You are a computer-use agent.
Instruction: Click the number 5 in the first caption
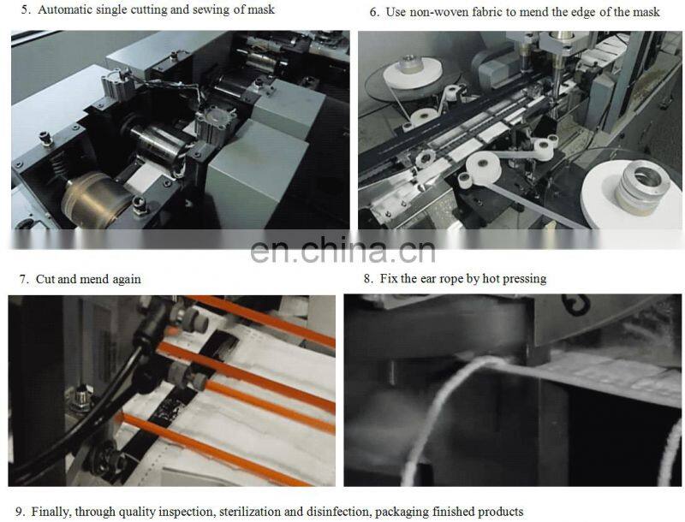pos(23,10)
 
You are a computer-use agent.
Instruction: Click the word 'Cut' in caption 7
pos(45,279)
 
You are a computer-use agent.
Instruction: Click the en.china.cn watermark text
pos(342,250)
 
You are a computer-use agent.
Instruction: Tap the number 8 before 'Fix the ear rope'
pos(367,278)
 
